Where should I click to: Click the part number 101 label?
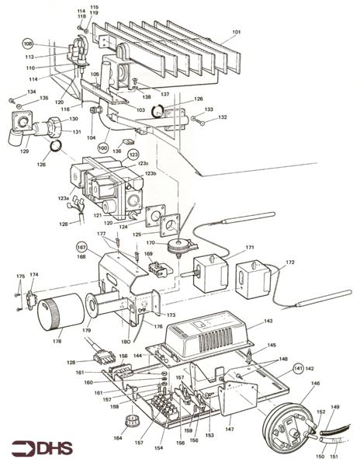(x=236, y=33)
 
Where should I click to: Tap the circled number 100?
(x=102, y=147)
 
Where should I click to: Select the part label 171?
(x=249, y=248)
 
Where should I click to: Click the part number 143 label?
(x=268, y=321)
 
